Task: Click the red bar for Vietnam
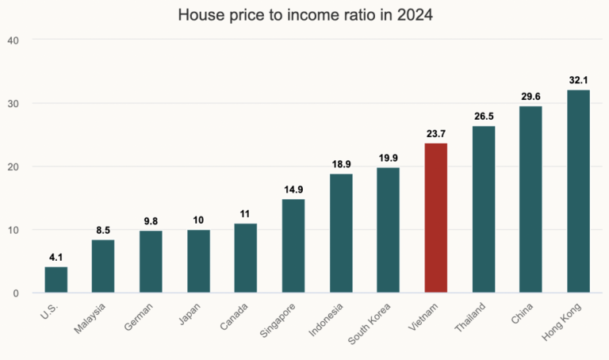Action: (436, 218)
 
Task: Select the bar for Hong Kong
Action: (579, 191)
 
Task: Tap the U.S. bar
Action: (56, 280)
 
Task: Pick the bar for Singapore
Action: (293, 246)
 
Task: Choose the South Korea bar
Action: (389, 230)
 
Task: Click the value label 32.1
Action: (579, 80)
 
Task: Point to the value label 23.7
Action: (436, 134)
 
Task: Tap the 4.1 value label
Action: (56, 258)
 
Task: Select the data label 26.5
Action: (484, 117)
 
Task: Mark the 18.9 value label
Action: (341, 164)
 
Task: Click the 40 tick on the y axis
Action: (14, 40)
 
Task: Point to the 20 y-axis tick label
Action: (14, 167)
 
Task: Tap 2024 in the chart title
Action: (414, 16)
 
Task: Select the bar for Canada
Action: (246, 259)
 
